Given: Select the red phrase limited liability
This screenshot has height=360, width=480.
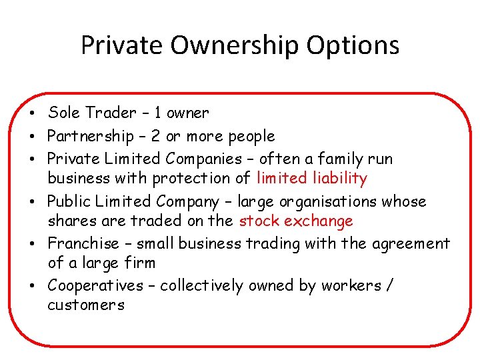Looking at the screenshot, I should coord(311,179).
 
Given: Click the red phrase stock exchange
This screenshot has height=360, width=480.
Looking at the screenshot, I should coord(296,221).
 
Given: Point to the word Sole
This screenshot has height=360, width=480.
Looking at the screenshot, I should coord(63,113).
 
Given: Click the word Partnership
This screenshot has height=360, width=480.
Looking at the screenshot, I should coord(91,137).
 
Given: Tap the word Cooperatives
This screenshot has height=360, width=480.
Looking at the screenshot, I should coord(95,286).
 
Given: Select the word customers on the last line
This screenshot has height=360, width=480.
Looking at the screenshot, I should coord(86,306).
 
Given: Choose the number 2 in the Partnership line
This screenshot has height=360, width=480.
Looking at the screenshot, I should coord(155,137).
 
